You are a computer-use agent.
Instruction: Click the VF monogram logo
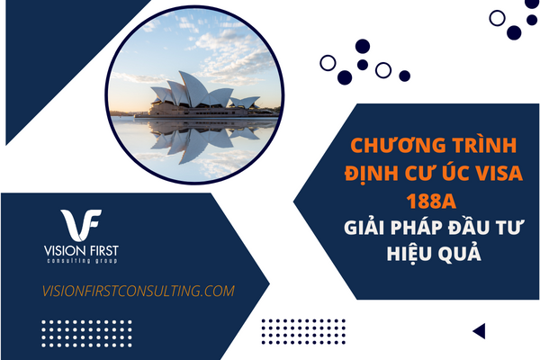coord(81,225)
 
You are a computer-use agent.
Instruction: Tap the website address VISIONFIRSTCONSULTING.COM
coord(138,291)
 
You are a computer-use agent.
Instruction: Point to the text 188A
coord(431,201)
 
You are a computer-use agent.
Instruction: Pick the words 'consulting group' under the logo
coord(82,261)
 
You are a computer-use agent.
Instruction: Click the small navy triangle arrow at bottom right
coord(479,331)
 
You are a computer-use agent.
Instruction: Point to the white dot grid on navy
coord(86,334)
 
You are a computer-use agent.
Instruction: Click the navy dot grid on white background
coord(303,331)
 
